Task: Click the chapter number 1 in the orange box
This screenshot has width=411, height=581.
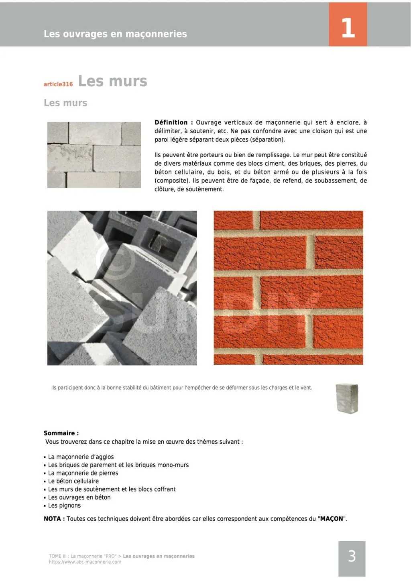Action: [x=348, y=28]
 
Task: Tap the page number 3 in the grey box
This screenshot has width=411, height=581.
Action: [x=352, y=556]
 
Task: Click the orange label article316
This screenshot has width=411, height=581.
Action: [x=58, y=84]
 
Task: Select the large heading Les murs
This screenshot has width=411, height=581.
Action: [x=112, y=81]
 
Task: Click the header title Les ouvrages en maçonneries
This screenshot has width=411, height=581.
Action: [x=115, y=34]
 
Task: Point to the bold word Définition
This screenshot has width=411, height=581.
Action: [x=171, y=122]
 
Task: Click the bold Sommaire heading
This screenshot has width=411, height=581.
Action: [x=61, y=433]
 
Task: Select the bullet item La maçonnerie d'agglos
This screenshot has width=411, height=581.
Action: [x=81, y=457]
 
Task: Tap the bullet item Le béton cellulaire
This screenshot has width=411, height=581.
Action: [x=73, y=481]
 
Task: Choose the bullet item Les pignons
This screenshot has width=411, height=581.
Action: [x=64, y=506]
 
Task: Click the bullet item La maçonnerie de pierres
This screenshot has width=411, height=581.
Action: [x=83, y=473]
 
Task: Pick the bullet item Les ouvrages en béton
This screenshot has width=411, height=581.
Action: [x=79, y=497]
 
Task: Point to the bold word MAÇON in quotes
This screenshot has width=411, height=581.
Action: [x=332, y=519]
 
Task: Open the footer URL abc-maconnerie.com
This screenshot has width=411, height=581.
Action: [x=85, y=562]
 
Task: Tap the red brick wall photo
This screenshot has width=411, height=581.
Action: [x=288, y=287]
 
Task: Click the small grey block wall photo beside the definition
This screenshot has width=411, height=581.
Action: [x=94, y=154]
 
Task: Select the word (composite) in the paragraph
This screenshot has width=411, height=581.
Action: [x=172, y=181]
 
